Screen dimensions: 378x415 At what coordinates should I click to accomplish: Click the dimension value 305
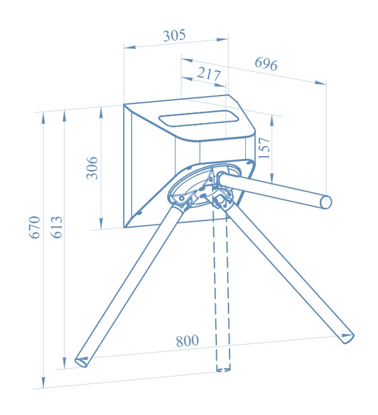pyautogui.click(x=174, y=35)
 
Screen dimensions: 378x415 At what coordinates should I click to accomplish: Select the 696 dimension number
pyautogui.click(x=266, y=64)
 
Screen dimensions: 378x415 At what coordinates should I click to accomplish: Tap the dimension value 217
pyautogui.click(x=209, y=74)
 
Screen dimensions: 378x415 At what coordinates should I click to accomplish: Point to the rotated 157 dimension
pyautogui.click(x=264, y=148)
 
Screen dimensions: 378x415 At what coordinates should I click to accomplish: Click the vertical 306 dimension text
pyautogui.click(x=92, y=168)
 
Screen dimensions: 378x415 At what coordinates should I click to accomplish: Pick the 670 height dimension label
pyautogui.click(x=34, y=228)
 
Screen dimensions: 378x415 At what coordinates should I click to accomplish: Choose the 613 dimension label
pyautogui.click(x=56, y=228)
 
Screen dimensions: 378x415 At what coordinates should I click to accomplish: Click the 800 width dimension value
pyautogui.click(x=187, y=341)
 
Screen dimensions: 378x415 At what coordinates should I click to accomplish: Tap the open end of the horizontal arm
pyautogui.click(x=326, y=202)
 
